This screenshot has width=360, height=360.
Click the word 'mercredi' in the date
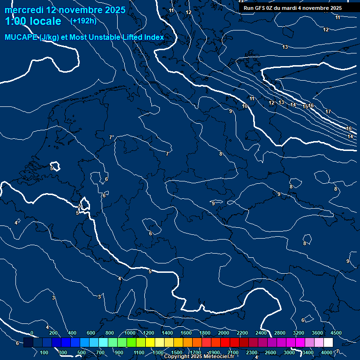(23, 9)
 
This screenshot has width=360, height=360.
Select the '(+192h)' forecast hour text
(83, 21)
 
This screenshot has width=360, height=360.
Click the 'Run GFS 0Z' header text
(259, 8)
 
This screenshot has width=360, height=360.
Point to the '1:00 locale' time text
(33, 21)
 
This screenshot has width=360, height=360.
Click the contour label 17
(328, 112)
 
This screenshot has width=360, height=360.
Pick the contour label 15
(305, 107)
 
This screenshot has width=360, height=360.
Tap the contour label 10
(245, 106)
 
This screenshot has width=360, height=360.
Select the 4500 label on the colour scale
(336, 333)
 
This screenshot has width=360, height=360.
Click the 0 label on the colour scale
(32, 333)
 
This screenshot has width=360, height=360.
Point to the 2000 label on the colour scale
(224, 333)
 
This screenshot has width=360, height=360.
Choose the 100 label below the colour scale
(45, 352)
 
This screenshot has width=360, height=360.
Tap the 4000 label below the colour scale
(327, 352)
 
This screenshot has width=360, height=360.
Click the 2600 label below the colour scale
(270, 352)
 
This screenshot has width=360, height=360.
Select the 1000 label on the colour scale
(130, 333)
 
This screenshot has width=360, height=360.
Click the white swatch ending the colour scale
(328, 343)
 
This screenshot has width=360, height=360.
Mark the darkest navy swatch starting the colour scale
(28, 343)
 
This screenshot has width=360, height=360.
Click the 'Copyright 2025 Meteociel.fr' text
(199, 357)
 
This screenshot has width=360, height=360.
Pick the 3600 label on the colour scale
(317, 333)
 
